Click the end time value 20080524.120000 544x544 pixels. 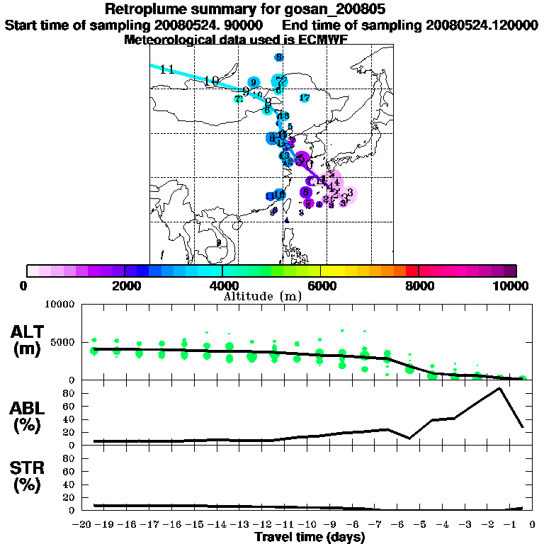point(481,25)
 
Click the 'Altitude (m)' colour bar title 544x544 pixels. point(263,295)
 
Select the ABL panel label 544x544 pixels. point(29,418)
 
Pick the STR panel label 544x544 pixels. point(29,477)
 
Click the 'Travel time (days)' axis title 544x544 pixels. point(309,537)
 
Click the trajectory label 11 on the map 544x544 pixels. point(167,69)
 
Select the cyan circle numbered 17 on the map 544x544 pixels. point(305,98)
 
